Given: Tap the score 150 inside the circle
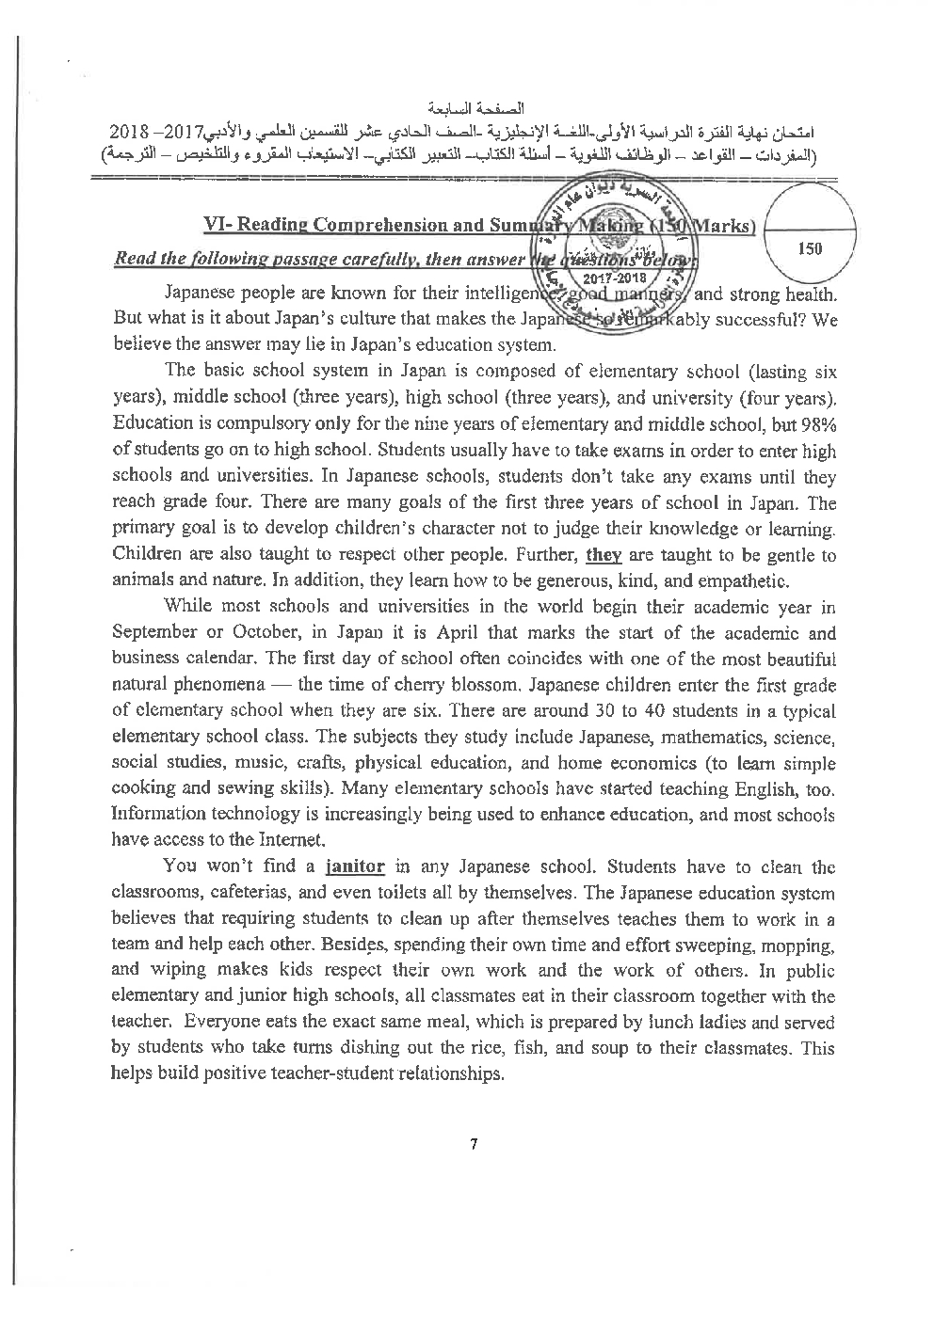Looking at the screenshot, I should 809,248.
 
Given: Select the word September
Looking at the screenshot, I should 155,633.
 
